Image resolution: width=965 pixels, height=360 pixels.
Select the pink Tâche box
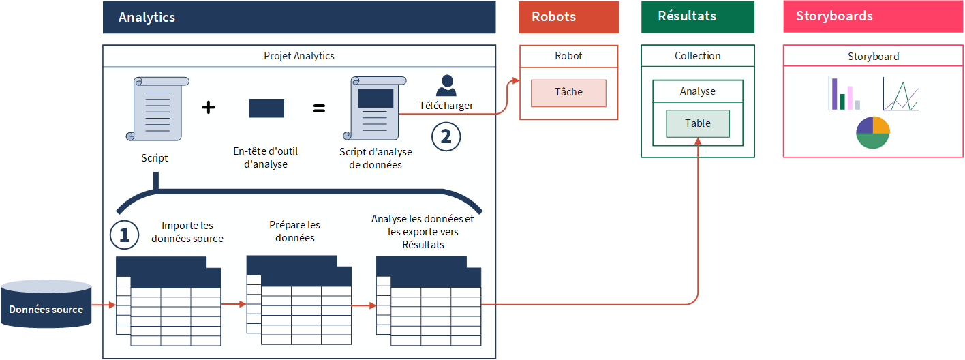(x=568, y=93)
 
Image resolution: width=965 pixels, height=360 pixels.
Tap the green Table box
(x=697, y=123)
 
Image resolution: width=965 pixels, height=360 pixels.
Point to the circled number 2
(x=446, y=136)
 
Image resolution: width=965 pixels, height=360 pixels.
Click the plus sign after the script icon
(x=209, y=108)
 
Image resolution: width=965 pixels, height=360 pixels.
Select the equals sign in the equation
(x=319, y=108)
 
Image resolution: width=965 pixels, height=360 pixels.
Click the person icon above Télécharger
(x=446, y=85)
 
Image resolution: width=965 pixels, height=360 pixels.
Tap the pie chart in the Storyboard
(x=873, y=132)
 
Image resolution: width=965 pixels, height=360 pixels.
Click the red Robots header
(x=568, y=17)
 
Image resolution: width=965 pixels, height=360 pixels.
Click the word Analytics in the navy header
(x=147, y=18)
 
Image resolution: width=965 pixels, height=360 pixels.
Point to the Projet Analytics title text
(x=298, y=56)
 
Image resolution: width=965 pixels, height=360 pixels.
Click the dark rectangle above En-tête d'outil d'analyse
(x=266, y=108)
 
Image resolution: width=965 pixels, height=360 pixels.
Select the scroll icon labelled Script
(x=157, y=108)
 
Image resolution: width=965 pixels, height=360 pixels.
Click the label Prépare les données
(x=294, y=231)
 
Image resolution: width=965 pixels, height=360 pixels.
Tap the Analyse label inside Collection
(x=697, y=91)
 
